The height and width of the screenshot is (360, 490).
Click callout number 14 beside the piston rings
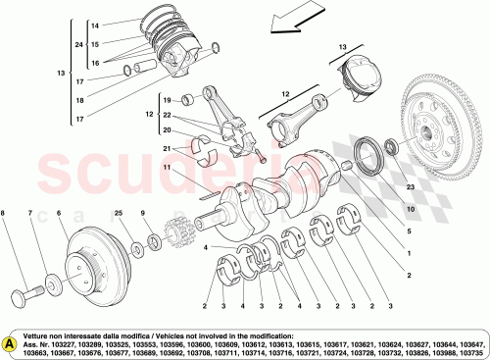tap(95, 25)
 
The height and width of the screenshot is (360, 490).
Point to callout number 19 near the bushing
tap(168, 99)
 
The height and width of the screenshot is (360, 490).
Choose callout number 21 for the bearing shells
tap(168, 148)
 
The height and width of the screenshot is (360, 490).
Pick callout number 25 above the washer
tap(118, 213)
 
